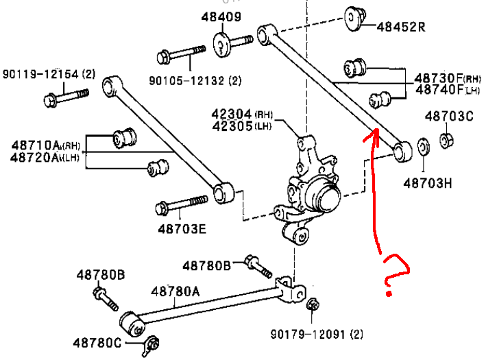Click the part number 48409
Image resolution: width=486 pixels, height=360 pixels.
coord(221,16)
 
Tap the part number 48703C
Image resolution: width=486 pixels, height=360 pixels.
coord(449,116)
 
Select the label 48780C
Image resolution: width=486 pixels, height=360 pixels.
coord(98,341)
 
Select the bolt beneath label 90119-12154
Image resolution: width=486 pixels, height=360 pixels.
coord(66,98)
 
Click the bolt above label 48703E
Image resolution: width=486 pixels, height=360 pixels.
coord(182,205)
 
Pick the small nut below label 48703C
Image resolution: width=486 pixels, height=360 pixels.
coord(447,141)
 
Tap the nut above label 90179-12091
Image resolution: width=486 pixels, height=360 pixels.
coord(311,305)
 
